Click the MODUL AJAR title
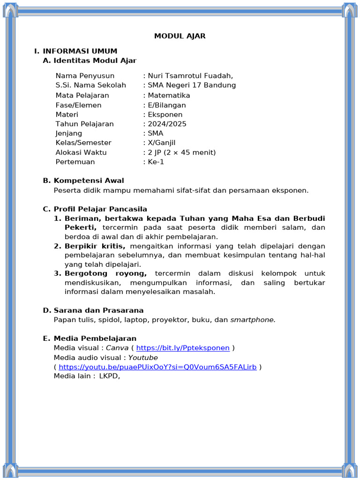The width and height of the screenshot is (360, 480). (180, 36)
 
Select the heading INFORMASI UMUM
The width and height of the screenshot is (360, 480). (80, 51)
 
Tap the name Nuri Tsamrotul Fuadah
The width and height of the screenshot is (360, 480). (190, 76)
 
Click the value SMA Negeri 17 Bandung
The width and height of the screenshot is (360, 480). (192, 85)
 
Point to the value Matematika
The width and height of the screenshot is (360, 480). (169, 96)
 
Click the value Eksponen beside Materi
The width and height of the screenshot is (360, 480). (165, 114)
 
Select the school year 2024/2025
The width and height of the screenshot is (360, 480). (167, 124)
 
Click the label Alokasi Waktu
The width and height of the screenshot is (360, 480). (81, 152)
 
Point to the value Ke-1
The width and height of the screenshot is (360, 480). (156, 162)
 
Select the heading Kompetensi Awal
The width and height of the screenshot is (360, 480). (89, 180)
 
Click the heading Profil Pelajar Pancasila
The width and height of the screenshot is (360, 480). (100, 209)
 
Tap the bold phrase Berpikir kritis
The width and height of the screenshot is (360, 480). (95, 246)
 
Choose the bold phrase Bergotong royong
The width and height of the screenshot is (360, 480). (105, 273)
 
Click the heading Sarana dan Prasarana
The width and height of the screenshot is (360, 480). (98, 310)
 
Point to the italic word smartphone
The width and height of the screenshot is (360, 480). (253, 320)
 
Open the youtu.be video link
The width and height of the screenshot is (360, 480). (157, 367)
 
